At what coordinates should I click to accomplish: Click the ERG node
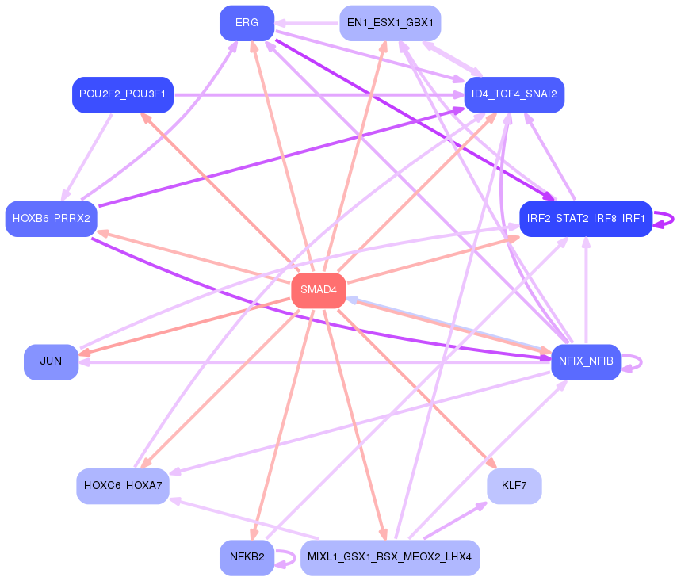247,23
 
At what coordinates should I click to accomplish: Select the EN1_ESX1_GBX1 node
389,23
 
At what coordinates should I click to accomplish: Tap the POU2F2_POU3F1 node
123,94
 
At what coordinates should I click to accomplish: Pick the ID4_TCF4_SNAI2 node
514,94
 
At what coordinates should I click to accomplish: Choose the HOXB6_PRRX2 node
52,218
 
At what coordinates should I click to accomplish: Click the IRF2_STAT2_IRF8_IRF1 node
585,218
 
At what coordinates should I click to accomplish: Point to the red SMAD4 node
319,290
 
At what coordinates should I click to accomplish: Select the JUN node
51,361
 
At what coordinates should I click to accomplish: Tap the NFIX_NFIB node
586,361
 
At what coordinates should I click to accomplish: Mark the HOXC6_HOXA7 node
123,485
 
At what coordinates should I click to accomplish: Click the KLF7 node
514,485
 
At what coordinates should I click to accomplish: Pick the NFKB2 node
247,557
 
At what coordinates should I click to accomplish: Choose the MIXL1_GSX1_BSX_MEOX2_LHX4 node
389,557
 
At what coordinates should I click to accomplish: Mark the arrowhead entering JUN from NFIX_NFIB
84,361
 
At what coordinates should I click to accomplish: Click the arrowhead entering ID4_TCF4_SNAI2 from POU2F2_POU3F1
459,94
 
